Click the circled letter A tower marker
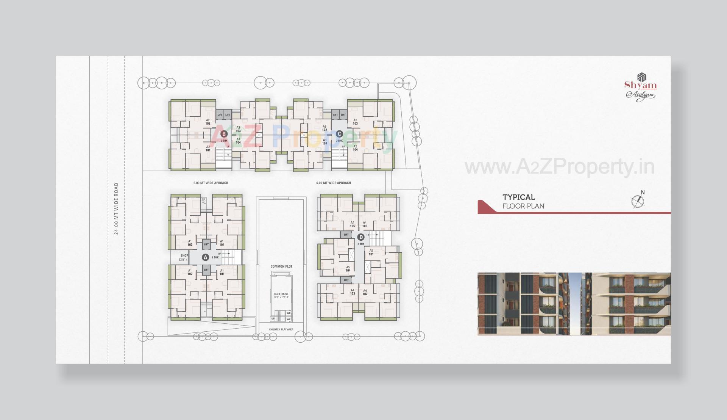205,257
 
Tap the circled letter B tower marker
224,134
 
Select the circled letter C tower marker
339,134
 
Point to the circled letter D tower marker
361,237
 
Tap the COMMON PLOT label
281,266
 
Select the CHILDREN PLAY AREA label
281,329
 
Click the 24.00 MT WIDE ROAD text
117,209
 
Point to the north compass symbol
638,200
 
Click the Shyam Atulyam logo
640,88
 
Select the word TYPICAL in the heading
518,197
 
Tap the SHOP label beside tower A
184,256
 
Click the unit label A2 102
208,122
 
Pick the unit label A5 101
371,252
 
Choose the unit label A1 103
190,243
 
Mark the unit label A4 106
365,224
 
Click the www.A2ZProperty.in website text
559,167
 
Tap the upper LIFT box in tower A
206,244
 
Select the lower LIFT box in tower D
346,280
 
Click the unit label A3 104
238,141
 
